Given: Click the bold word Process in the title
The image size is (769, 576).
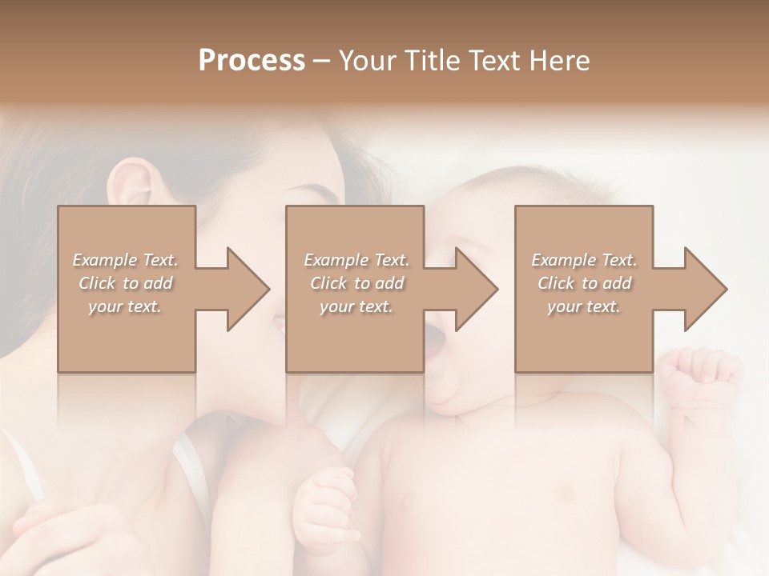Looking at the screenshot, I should (x=252, y=61).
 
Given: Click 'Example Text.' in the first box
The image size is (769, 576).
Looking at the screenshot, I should (x=125, y=260).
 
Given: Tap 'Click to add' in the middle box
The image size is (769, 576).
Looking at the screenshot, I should (x=356, y=283).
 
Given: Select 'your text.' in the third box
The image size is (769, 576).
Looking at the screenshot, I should (x=584, y=306).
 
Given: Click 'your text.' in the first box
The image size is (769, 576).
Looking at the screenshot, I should (x=125, y=306).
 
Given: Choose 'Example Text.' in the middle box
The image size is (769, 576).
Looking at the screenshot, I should (x=356, y=260).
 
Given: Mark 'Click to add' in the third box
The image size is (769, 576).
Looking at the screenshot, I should (x=584, y=283).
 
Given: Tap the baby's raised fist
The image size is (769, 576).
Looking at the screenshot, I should (x=701, y=376).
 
